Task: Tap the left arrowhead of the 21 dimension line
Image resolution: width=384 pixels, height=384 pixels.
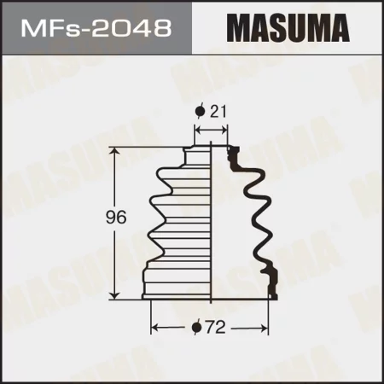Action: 198,130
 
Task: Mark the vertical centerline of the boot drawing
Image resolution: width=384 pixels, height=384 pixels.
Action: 211,222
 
